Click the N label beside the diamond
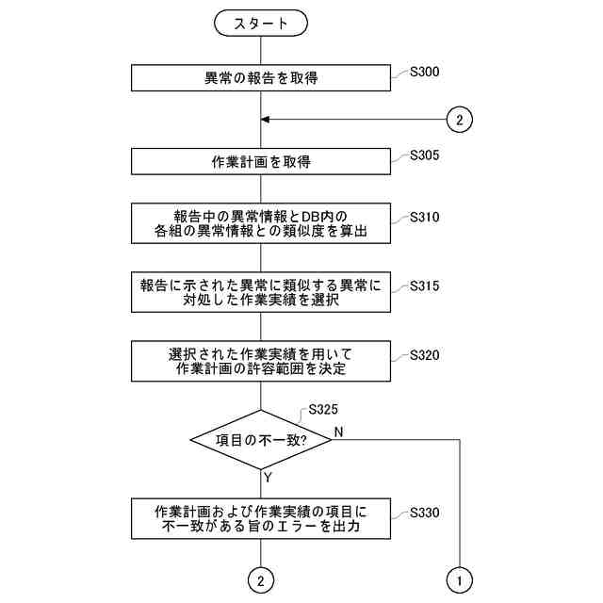tap(337, 432)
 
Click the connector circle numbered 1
tap(459, 580)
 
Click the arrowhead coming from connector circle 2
tap(266, 120)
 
